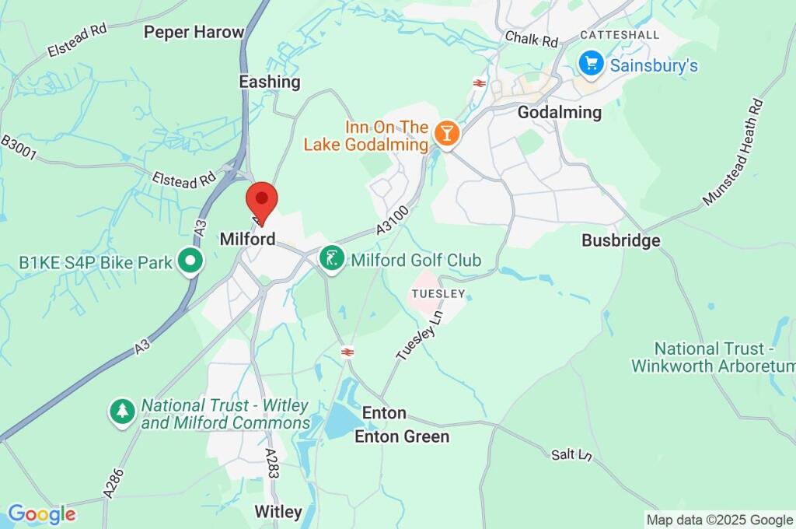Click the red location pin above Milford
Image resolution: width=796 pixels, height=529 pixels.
pyautogui.click(x=261, y=201)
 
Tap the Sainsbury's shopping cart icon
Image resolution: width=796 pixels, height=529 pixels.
pyautogui.click(x=592, y=64)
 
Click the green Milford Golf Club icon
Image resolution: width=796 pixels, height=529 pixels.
pyautogui.click(x=333, y=259)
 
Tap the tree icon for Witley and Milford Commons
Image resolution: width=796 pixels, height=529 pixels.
pyautogui.click(x=121, y=412)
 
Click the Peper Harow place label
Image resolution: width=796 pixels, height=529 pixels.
pyautogui.click(x=194, y=32)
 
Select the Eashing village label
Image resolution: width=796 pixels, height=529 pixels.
pyautogui.click(x=269, y=82)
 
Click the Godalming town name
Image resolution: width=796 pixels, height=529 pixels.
pyautogui.click(x=559, y=112)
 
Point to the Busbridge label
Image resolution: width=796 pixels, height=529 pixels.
pyautogui.click(x=621, y=240)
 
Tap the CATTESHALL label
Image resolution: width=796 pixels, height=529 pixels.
pyautogui.click(x=620, y=35)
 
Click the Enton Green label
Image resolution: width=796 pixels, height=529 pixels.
pyautogui.click(x=402, y=436)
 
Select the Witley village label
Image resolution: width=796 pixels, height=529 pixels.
pyautogui.click(x=278, y=511)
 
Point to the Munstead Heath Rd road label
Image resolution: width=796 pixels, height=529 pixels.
pyautogui.click(x=734, y=153)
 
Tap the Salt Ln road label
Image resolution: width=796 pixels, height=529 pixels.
pyautogui.click(x=571, y=454)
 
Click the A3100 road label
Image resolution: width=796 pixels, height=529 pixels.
pyautogui.click(x=392, y=226)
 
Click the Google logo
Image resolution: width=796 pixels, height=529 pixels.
pyautogui.click(x=41, y=513)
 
